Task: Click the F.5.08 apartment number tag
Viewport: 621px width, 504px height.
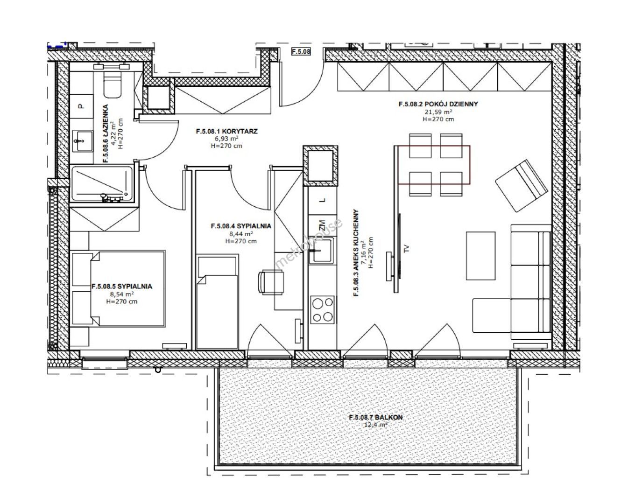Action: point(301,51)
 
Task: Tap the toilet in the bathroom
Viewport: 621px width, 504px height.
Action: point(112,84)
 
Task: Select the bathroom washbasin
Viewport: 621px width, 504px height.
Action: point(83,141)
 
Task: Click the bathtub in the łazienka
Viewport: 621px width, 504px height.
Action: point(102,184)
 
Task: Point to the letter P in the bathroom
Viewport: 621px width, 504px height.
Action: point(81,106)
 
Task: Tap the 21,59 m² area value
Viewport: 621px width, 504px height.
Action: point(438,112)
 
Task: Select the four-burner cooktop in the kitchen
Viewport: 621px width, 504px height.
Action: point(323,310)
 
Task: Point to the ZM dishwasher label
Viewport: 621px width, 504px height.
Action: point(322,224)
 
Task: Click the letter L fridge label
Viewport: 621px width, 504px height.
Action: point(323,200)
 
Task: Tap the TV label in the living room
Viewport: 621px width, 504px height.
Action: point(407,249)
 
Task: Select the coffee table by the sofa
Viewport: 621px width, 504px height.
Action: point(480,256)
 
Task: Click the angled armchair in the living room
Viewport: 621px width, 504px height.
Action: point(521,186)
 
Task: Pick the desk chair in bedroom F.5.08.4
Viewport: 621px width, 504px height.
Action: point(271,282)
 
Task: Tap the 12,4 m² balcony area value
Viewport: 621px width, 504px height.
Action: point(375,425)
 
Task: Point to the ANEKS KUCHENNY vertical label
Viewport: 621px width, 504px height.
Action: point(356,253)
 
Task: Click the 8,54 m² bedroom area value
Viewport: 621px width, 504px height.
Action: point(122,294)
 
